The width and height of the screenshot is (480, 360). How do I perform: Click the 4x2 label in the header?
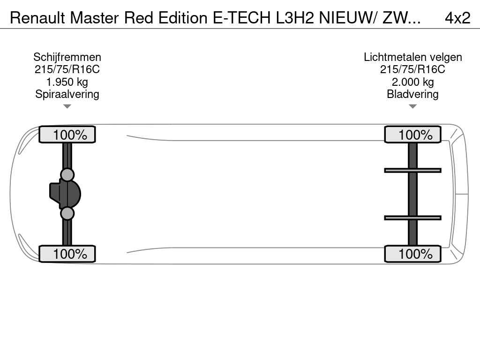[457, 18]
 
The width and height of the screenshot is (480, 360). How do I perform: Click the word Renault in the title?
[37, 18]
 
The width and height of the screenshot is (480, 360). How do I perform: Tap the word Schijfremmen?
[67, 57]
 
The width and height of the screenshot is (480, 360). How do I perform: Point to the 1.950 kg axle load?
[67, 82]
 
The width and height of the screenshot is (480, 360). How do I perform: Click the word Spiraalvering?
[67, 94]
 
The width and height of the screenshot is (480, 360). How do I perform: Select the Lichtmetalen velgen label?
[412, 57]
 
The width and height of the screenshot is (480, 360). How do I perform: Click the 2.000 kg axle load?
[412, 82]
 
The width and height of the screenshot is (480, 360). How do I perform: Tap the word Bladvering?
[412, 94]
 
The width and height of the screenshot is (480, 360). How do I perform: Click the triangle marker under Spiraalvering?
[67, 106]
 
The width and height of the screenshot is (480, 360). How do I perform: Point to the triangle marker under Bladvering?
[412, 106]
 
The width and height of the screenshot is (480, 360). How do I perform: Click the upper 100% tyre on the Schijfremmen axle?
[67, 135]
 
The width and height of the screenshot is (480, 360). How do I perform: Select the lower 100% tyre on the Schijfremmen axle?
[67, 254]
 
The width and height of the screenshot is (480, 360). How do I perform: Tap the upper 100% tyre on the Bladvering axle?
[412, 135]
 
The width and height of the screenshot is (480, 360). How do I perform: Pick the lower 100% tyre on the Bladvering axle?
[412, 254]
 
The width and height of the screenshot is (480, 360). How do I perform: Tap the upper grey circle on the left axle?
[67, 174]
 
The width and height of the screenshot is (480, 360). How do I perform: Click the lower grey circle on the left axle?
[67, 213]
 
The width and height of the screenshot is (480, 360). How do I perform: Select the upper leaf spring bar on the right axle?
[412, 170]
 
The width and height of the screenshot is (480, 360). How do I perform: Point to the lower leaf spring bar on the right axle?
[412, 217]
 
